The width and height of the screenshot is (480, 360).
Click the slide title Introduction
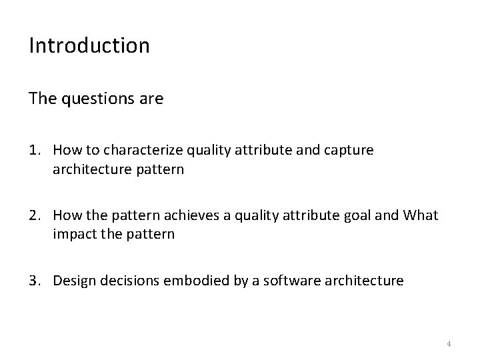click(89, 46)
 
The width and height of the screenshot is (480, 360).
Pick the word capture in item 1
click(351, 151)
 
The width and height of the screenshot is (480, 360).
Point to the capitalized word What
click(421, 215)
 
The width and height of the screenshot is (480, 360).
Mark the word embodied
click(185, 281)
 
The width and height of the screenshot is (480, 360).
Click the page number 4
click(449, 343)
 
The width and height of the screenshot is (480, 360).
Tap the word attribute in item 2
click(323, 215)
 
